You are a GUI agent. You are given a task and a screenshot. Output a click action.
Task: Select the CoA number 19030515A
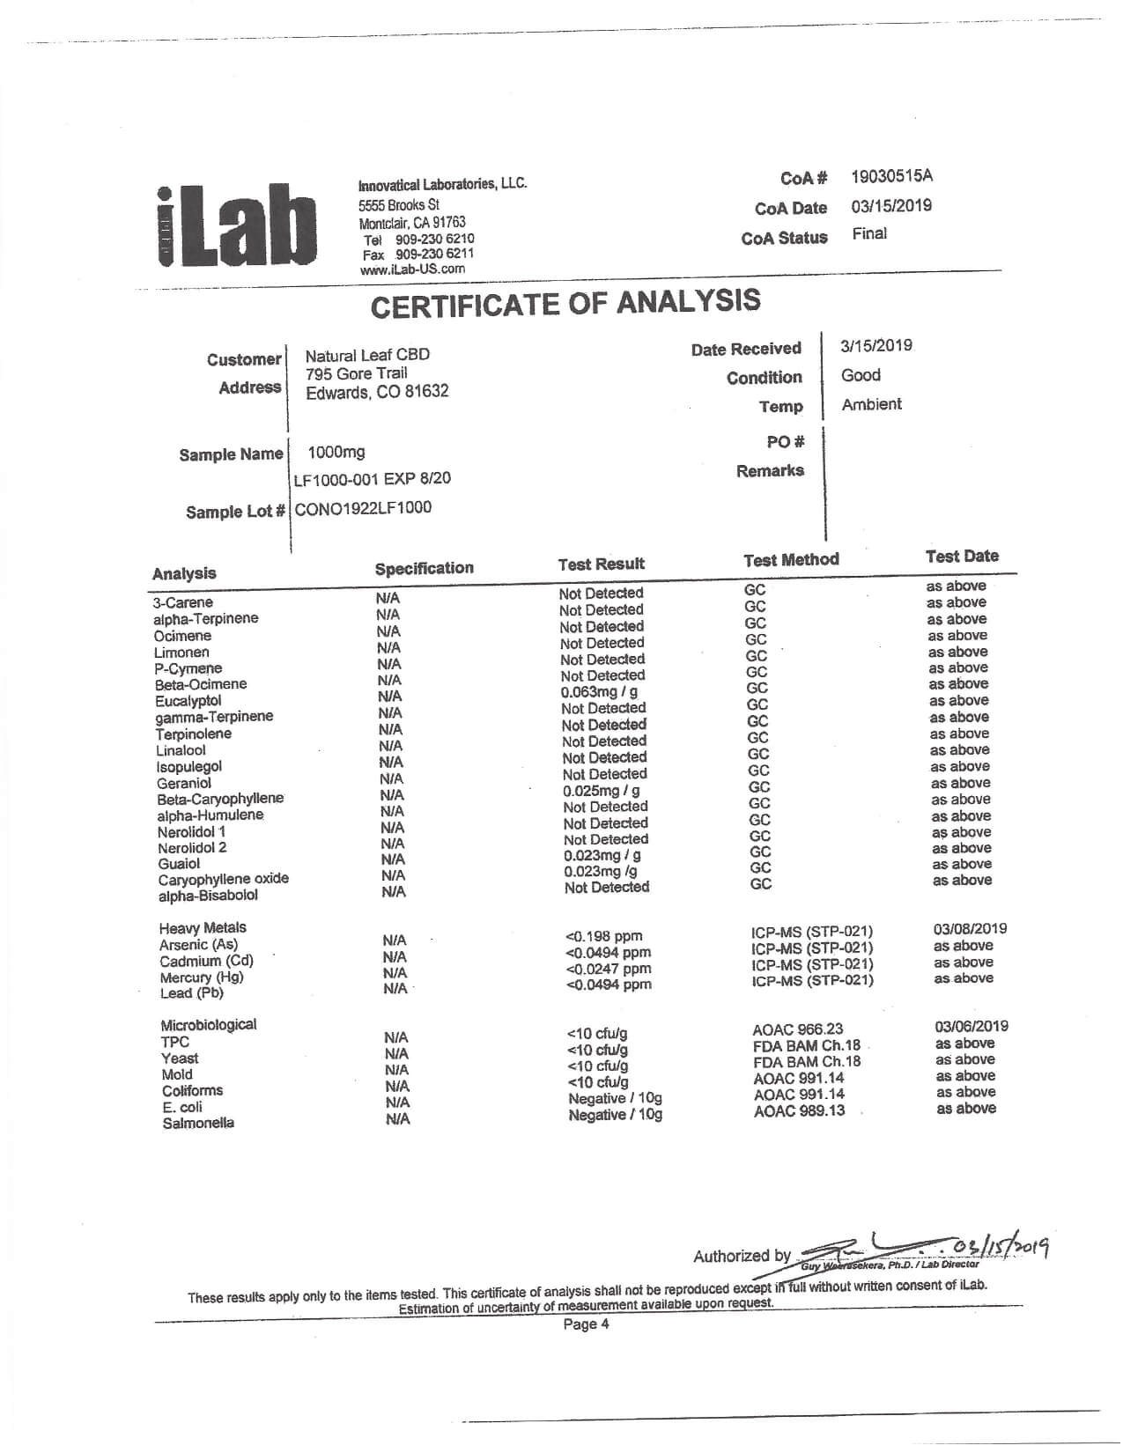tap(891, 176)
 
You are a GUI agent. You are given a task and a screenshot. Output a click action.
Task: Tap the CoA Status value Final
tap(869, 234)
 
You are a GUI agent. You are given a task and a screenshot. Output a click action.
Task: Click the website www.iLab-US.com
tap(412, 269)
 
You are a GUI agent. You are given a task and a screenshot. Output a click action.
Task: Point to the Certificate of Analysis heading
tap(565, 303)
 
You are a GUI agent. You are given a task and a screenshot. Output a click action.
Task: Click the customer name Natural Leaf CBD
tap(367, 355)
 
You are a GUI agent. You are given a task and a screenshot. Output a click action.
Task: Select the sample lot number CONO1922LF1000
tap(363, 508)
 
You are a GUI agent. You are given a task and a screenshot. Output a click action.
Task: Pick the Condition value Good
tap(861, 375)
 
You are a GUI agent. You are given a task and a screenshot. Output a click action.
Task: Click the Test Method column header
tap(791, 560)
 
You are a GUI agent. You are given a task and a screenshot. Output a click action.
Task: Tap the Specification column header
tap(424, 569)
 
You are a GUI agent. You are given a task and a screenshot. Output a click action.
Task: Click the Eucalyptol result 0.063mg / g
tap(599, 692)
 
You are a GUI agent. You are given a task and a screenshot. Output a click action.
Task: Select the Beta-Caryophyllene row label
tap(220, 800)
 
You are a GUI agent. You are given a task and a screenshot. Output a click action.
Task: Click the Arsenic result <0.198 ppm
tap(603, 936)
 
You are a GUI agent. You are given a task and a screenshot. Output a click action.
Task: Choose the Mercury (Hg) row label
tap(202, 977)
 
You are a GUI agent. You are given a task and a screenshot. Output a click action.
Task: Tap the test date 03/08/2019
tap(970, 929)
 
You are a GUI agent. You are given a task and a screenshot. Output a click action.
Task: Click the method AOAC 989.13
tap(799, 1110)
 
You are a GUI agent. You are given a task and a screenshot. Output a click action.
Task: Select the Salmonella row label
tap(198, 1124)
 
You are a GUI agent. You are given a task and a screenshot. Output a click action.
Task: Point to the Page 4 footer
tap(586, 1324)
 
